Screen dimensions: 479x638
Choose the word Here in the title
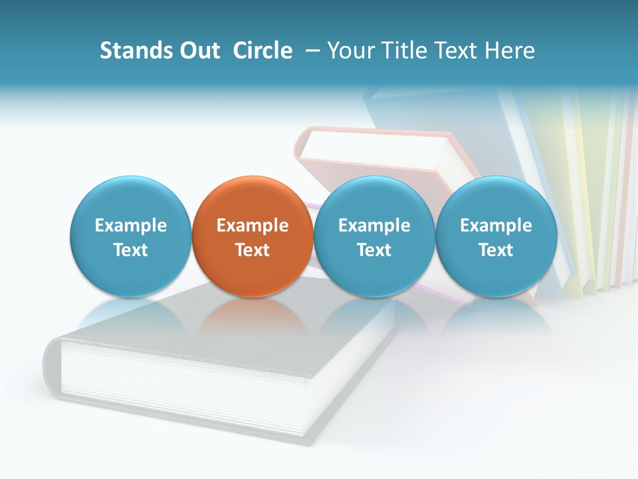point(510,51)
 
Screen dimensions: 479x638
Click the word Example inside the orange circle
point(253,226)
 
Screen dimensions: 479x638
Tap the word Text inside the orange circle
point(253,250)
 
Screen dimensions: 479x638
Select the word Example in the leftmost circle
point(131,226)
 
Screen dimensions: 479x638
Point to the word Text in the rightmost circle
point(496,250)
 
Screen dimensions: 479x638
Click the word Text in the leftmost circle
point(131,250)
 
